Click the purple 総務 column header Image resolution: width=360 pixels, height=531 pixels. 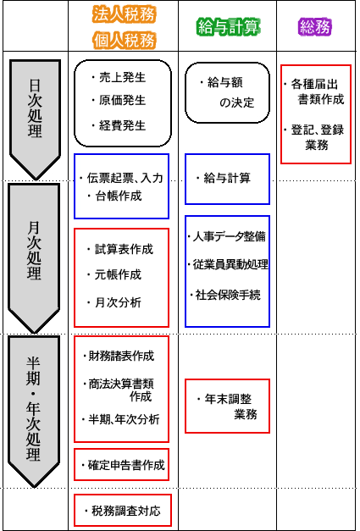(314, 27)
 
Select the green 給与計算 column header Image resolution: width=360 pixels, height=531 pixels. (229, 27)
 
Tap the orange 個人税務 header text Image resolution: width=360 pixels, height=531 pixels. (125, 41)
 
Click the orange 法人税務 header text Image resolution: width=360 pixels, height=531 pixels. (125, 14)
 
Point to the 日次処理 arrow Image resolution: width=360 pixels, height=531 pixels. (35, 119)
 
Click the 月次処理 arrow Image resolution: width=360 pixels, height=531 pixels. (34, 258)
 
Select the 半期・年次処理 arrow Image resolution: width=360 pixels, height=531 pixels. (34, 412)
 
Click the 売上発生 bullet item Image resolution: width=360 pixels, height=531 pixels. (119, 78)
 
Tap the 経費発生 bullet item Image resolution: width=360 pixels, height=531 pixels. (119, 126)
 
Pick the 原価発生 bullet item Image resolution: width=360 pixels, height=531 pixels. (119, 101)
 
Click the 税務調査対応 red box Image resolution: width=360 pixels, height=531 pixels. (123, 510)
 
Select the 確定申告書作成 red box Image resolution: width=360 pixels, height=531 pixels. (122, 464)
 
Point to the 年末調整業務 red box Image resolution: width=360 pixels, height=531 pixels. (227, 406)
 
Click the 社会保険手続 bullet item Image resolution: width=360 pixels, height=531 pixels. (225, 295)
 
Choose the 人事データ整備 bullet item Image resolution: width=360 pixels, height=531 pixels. (226, 236)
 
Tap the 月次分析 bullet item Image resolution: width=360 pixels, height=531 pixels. (114, 302)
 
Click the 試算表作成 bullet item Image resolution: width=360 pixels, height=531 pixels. (119, 249)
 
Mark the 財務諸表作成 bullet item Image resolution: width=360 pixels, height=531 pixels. (119, 356)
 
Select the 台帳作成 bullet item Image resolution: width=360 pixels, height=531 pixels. (114, 196)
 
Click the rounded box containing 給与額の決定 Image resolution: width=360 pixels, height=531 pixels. (227, 92)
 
